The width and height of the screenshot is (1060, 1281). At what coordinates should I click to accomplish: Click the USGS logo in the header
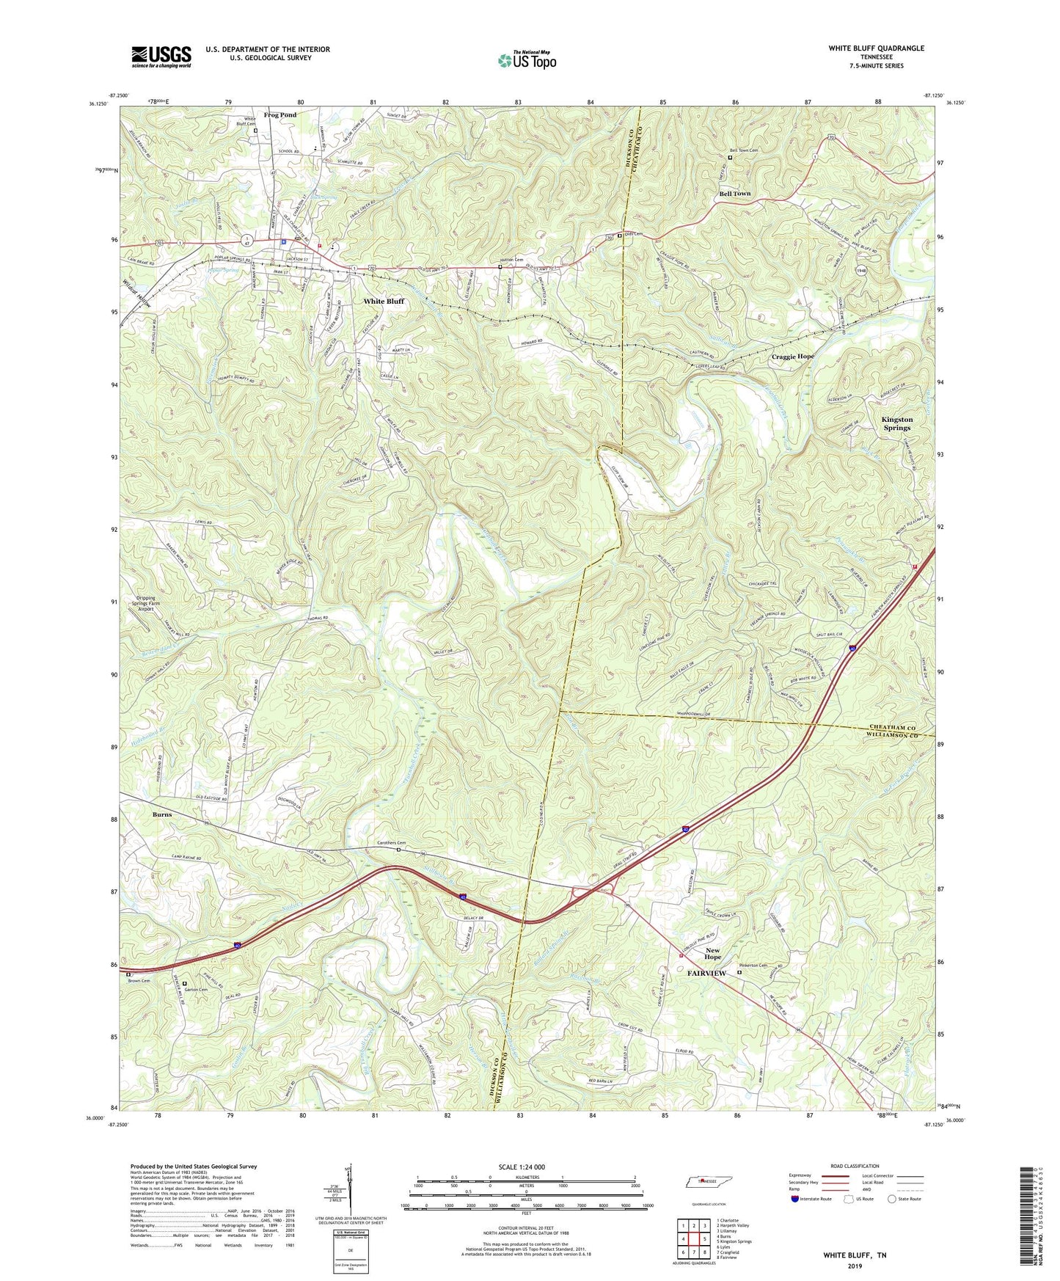(x=161, y=56)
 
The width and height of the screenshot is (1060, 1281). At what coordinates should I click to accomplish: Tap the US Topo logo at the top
(x=526, y=60)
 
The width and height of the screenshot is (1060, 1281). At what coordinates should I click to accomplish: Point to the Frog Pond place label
(x=280, y=115)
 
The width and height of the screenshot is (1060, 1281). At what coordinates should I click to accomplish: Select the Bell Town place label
(x=734, y=194)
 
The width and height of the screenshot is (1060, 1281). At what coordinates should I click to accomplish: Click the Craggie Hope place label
(x=792, y=357)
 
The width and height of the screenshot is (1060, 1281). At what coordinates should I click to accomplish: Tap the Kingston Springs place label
(x=896, y=423)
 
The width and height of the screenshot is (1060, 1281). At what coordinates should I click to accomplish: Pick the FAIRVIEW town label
(x=706, y=973)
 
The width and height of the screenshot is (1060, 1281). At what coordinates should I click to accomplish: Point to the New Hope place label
(x=712, y=954)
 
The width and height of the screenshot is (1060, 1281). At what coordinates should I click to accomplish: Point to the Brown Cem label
(x=138, y=981)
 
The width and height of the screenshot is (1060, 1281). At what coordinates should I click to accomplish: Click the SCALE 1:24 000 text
(x=525, y=1167)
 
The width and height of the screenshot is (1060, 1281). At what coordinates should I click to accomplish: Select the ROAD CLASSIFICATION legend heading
(x=855, y=1166)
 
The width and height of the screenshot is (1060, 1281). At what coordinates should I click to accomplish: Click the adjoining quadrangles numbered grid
(x=693, y=1238)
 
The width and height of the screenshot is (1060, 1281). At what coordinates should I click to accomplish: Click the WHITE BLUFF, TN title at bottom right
(x=854, y=1255)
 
